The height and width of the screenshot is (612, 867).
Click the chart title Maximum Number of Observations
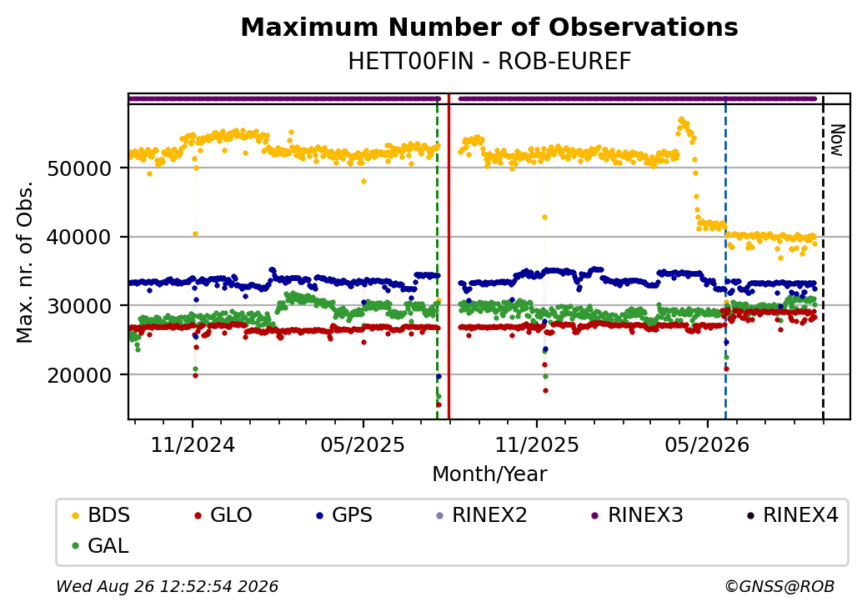point(489,27)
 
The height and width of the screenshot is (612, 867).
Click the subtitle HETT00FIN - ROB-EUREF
point(489,62)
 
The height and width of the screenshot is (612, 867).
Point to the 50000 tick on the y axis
point(80,168)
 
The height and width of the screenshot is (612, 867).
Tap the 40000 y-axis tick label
point(80,237)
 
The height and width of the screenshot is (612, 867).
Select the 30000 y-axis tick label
point(80,306)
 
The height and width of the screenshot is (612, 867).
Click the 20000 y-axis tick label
point(80,375)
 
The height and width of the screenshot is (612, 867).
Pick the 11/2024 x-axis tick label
point(193,445)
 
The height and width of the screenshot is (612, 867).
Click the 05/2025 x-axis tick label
point(363,445)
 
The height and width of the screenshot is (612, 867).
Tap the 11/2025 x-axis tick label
point(536,445)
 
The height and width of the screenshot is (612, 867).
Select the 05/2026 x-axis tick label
point(707,445)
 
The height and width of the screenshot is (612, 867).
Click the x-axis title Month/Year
point(489,474)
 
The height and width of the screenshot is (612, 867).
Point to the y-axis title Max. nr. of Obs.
point(25,262)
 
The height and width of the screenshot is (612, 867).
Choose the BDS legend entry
point(101,515)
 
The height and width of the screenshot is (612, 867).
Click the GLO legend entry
point(223,515)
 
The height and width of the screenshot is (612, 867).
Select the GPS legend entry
point(344,515)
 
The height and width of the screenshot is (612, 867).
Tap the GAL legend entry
point(101,545)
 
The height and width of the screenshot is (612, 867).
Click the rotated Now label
point(838,140)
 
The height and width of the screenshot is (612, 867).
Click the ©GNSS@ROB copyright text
point(779,586)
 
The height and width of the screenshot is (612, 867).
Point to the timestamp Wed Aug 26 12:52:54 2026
point(168,586)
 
